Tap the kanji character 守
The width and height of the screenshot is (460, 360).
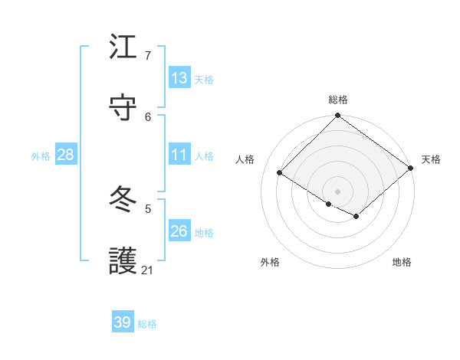click(123, 106)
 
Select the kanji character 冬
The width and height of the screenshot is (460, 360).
click(123, 199)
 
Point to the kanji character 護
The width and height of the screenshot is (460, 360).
click(123, 260)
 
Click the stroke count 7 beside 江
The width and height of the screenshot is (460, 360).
click(148, 55)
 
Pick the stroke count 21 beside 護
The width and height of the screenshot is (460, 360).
click(148, 270)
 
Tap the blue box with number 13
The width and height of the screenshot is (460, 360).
click(179, 78)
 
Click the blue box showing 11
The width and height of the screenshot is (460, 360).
click(179, 155)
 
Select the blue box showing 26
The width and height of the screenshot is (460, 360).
click(179, 231)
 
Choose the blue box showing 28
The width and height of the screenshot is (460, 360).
click(66, 155)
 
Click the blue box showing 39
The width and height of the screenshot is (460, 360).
click(123, 322)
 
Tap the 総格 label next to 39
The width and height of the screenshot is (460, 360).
click(147, 324)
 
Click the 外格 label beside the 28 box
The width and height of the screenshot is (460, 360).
click(41, 156)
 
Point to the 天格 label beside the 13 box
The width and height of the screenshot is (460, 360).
click(203, 80)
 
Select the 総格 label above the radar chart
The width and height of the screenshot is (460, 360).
click(338, 100)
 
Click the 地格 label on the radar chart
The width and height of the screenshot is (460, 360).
click(402, 263)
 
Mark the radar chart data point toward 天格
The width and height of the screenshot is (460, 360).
click(411, 169)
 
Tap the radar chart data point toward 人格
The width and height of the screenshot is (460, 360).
click(280, 173)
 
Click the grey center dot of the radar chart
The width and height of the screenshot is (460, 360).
click(338, 191)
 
